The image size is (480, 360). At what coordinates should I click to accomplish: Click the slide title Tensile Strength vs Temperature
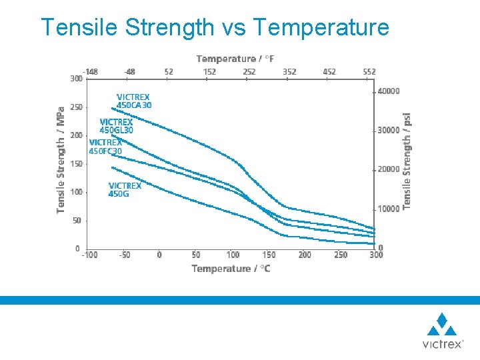[x=215, y=27]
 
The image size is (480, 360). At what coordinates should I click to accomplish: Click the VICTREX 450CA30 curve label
[x=134, y=101]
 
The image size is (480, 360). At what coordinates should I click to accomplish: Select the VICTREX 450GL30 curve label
[x=117, y=126]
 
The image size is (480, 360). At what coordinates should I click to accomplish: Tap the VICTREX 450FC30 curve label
[x=105, y=147]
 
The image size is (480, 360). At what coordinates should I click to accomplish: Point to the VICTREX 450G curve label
[x=125, y=190]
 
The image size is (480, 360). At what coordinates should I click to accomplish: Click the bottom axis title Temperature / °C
[x=231, y=269]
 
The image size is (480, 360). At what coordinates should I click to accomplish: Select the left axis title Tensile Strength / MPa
[x=61, y=160]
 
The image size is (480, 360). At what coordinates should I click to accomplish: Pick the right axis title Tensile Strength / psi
[x=407, y=160]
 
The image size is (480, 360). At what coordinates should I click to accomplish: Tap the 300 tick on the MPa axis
[x=76, y=79]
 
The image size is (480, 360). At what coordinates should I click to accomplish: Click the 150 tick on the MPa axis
[x=76, y=164]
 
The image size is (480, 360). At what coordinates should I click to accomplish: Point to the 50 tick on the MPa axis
[x=78, y=221]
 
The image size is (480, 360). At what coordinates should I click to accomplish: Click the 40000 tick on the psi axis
[x=389, y=91]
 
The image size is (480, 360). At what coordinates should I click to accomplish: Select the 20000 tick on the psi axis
[x=389, y=169]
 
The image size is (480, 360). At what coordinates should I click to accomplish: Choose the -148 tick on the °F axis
[x=90, y=71]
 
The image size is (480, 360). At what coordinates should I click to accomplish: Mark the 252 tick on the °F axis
[x=249, y=71]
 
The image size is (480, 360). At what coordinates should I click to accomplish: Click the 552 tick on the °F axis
[x=369, y=71]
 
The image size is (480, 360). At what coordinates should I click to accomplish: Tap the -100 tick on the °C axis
[x=89, y=255]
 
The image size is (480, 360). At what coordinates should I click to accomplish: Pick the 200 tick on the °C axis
[x=305, y=255]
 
